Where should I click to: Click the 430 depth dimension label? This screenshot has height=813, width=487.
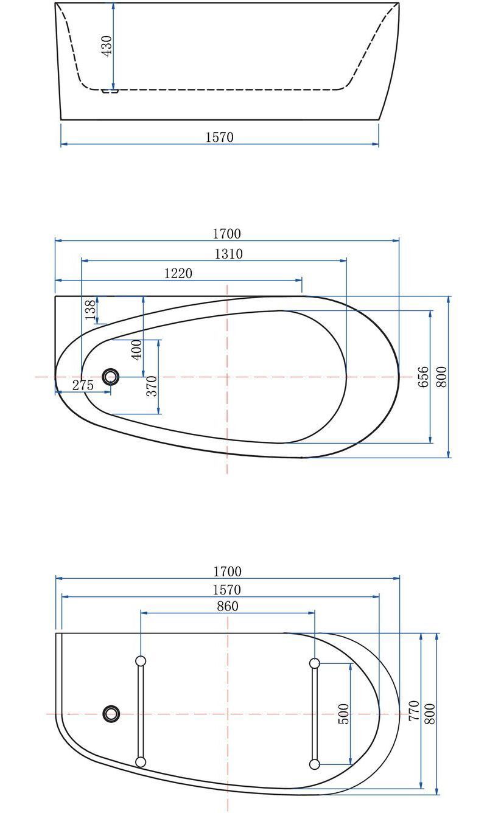coord(107,46)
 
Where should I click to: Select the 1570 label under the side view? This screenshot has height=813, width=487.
coord(220,137)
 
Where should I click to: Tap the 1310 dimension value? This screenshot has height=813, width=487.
coord(228,254)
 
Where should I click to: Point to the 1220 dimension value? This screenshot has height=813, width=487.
coord(178,273)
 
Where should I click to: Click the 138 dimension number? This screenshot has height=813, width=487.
coord(91,310)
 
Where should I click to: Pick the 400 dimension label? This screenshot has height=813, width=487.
coord(137,349)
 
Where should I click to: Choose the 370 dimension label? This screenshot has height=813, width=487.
coord(152,386)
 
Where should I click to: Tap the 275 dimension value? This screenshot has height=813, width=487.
coord(83,385)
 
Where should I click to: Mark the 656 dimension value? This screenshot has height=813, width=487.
coord(424,377)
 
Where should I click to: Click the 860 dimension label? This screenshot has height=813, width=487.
coord(228,606)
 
